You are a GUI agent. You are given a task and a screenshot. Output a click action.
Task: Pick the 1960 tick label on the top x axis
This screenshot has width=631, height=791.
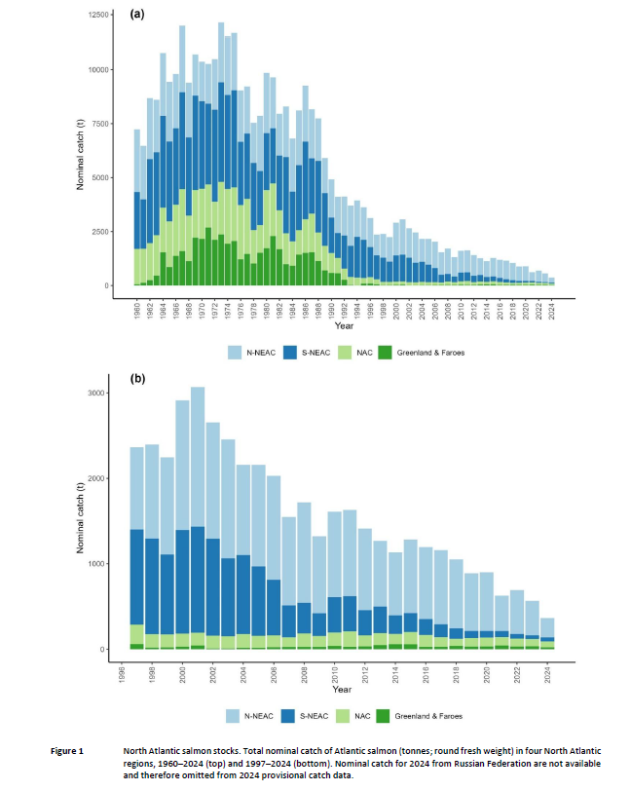click(136, 309)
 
